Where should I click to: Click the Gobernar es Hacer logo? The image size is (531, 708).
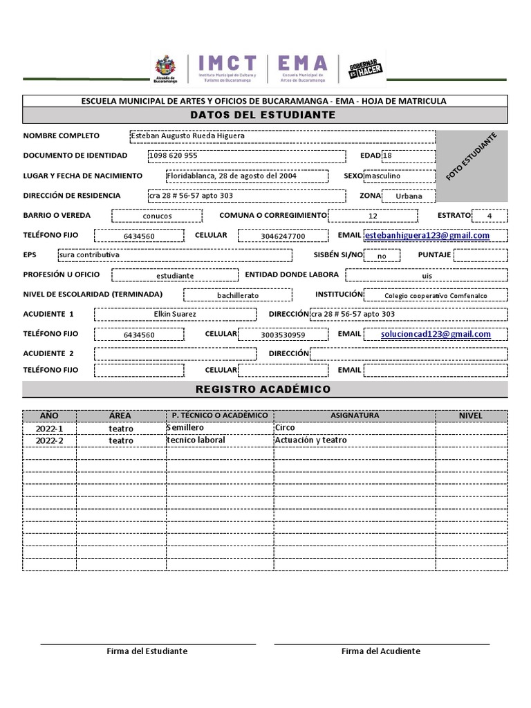click(x=366, y=69)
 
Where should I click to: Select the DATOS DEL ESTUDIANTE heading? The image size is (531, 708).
click(x=265, y=115)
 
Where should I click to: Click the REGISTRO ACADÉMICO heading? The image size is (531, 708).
click(x=265, y=389)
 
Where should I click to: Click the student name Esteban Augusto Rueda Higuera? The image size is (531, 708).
click(x=187, y=136)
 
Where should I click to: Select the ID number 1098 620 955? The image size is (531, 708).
click(x=173, y=156)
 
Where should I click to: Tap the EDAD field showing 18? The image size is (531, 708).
click(x=409, y=156)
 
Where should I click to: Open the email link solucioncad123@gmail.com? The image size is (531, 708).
click(x=436, y=334)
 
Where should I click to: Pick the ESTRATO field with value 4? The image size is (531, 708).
click(x=490, y=216)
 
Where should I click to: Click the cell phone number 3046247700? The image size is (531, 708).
click(x=283, y=236)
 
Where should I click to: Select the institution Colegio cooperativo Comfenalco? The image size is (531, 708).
click(x=435, y=296)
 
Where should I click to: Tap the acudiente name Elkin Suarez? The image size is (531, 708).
click(x=175, y=315)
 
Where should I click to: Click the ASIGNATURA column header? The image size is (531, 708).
click(x=355, y=416)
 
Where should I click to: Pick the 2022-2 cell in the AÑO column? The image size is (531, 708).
click(x=49, y=440)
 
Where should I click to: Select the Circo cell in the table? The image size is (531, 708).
click(x=285, y=428)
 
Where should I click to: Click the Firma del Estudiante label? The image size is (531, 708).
click(x=147, y=651)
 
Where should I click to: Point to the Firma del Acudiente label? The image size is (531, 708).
click(x=380, y=651)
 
